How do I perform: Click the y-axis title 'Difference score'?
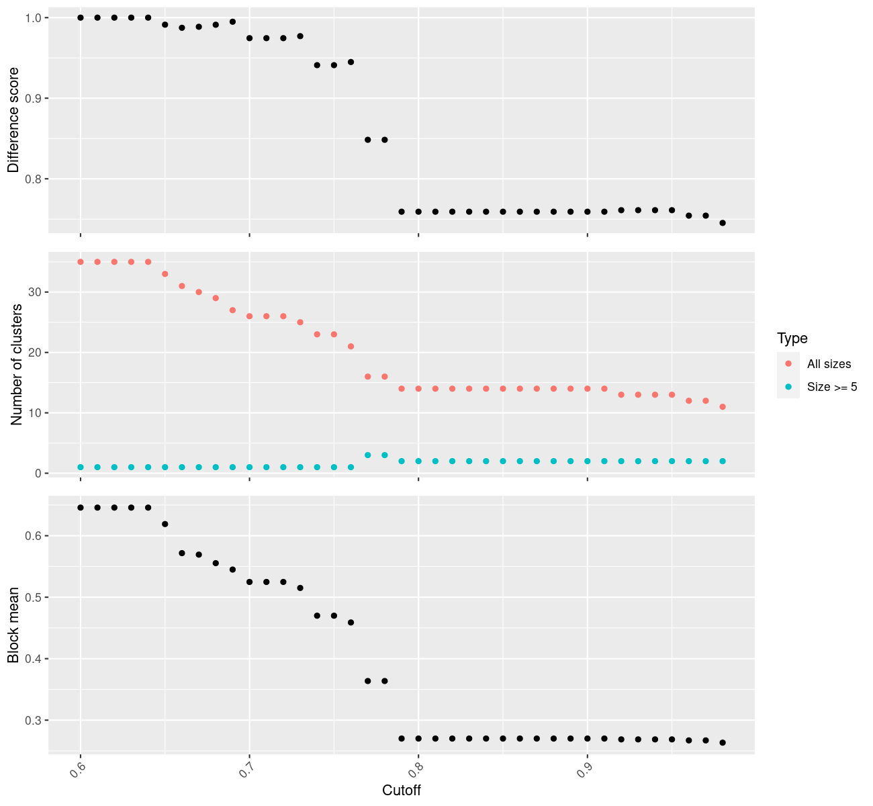(13, 120)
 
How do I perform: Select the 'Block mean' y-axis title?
(13, 625)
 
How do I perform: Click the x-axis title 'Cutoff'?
(401, 791)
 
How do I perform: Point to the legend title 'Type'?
(792, 338)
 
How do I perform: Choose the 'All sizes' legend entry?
(829, 364)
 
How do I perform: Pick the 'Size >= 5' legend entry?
(832, 387)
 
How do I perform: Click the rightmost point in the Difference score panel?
(723, 223)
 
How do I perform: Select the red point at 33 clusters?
(165, 274)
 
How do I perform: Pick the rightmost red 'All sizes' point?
(723, 407)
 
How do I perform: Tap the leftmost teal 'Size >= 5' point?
(81, 467)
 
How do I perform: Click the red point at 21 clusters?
(351, 347)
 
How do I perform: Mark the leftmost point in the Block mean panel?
(81, 508)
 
